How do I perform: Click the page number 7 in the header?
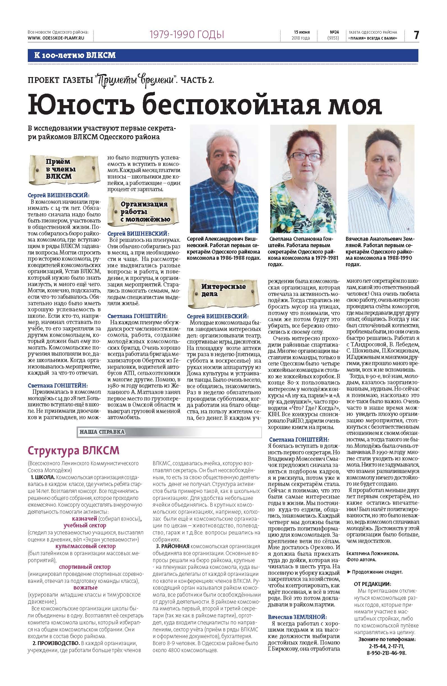pyautogui.click(x=416, y=35)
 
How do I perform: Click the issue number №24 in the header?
pyautogui.click(x=333, y=32)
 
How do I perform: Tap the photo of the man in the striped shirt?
pyautogui.click(x=380, y=179)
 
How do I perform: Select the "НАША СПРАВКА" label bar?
pyautogui.click(x=102, y=432)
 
